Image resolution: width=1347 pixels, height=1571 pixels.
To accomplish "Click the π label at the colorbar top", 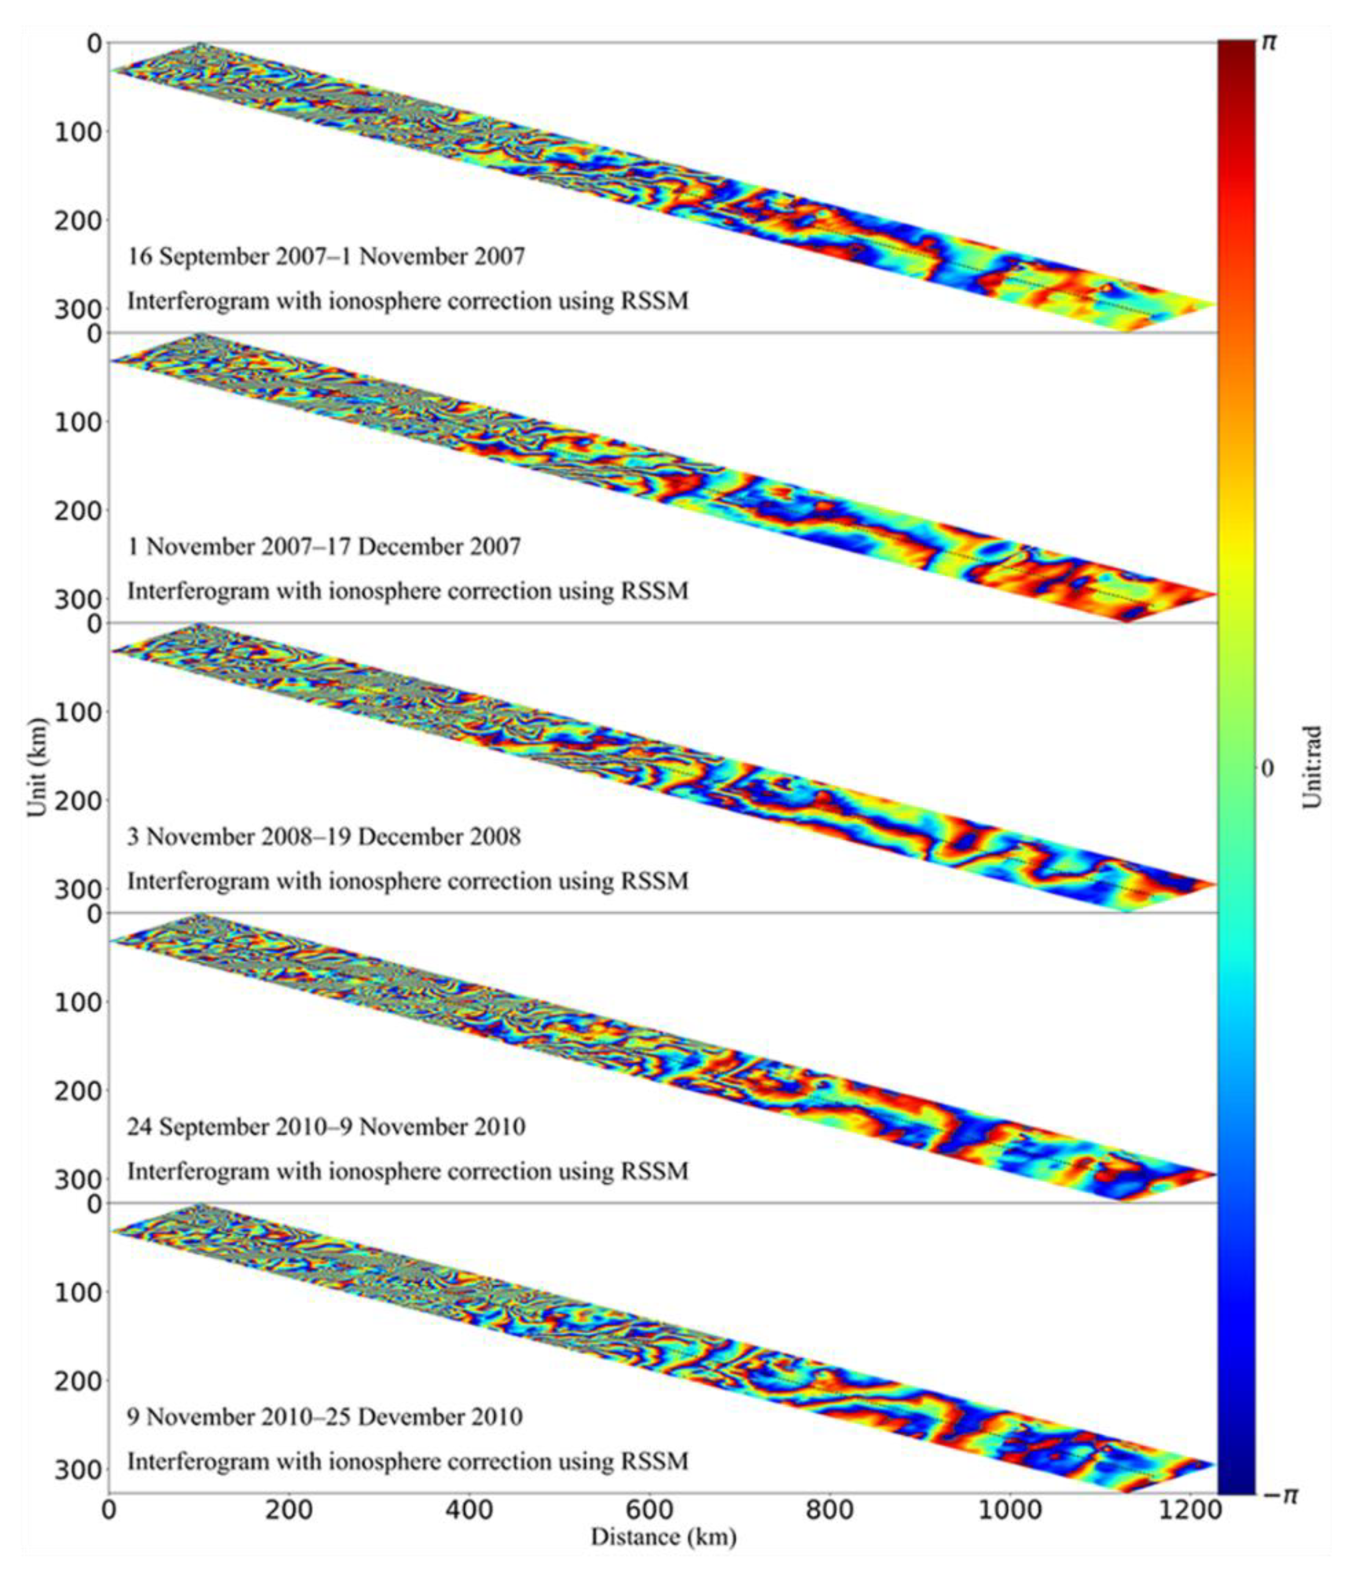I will pyautogui.click(x=1268, y=42).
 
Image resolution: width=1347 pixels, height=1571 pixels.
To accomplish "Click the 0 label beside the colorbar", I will pyautogui.click(x=1267, y=768).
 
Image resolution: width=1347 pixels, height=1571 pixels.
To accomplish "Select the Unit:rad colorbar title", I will pyautogui.click(x=1312, y=767).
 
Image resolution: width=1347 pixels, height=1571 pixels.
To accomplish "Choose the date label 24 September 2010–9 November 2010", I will pyautogui.click(x=325, y=1126).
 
